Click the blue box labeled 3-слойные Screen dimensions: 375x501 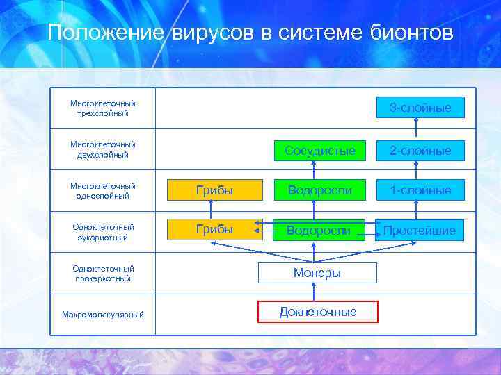coord(420,108)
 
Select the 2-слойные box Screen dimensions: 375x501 coord(420,150)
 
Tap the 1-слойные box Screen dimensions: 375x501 coord(420,190)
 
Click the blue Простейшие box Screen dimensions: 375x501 coord(420,230)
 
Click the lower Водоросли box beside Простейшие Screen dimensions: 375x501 coord(318,230)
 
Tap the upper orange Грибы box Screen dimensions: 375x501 coord(214,190)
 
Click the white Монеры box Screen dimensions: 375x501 coord(317,273)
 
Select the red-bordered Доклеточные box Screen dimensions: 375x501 coord(317,312)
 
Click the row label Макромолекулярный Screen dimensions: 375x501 coord(103,315)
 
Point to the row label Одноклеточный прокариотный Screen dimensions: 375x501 coord(103,273)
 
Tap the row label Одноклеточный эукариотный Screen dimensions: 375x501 coord(103,232)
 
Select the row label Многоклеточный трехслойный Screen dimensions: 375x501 coord(103,108)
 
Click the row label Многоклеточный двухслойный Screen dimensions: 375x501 coord(103,149)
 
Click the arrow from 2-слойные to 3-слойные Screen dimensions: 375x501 coord(416,128)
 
